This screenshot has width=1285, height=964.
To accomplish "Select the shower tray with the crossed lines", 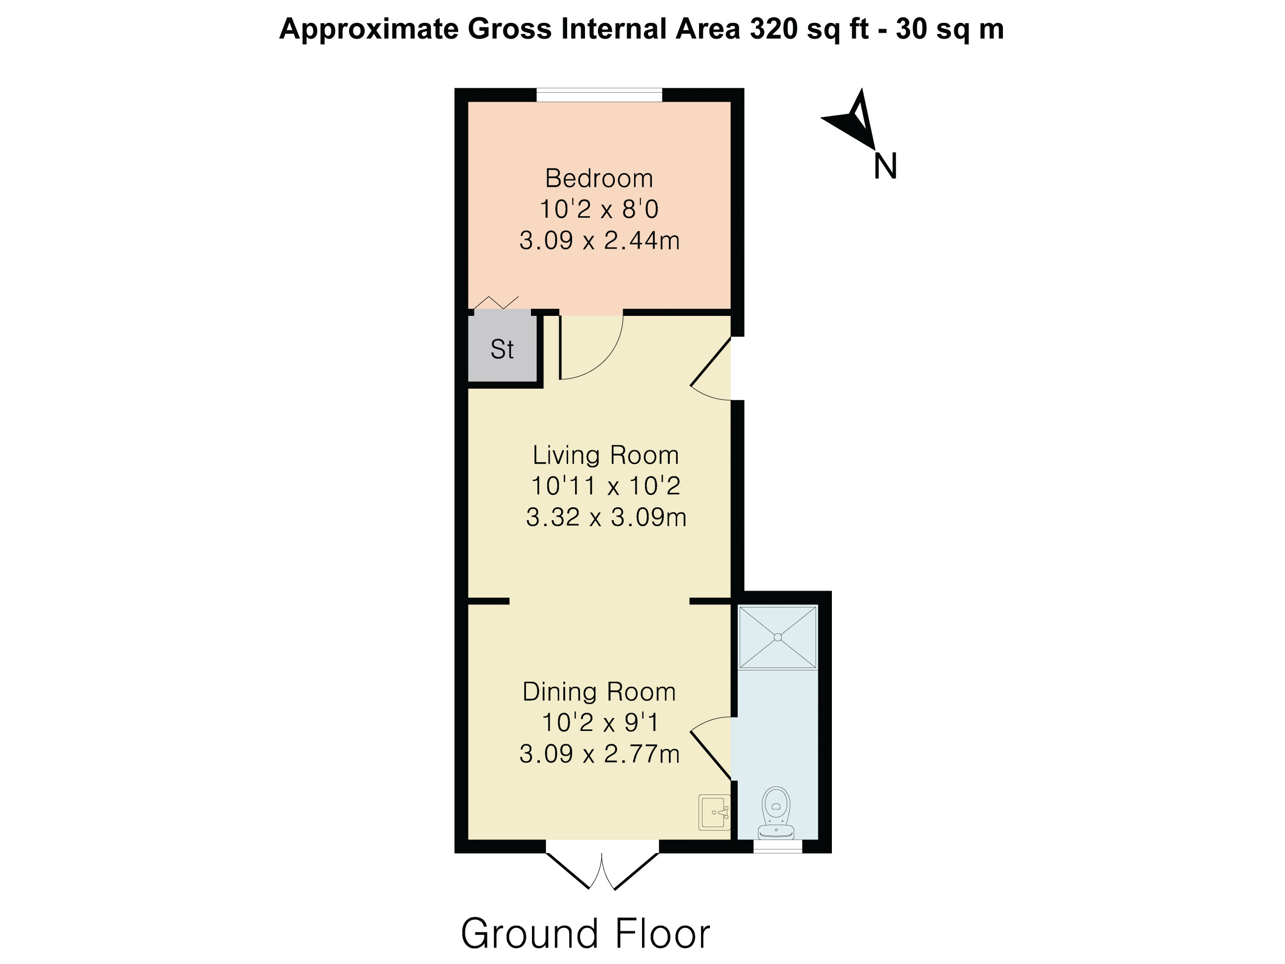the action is tap(778, 637).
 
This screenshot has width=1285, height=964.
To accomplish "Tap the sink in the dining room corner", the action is tap(714, 812).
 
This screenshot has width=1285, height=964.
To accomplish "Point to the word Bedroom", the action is tap(599, 179).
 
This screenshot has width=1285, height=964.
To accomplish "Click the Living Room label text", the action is tap(606, 455).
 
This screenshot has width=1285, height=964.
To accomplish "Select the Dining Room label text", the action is tap(599, 691).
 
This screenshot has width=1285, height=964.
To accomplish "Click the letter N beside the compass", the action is tap(885, 166).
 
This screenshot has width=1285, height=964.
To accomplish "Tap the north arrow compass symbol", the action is tap(851, 119).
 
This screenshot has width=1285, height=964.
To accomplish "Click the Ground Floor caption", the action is tap(585, 934).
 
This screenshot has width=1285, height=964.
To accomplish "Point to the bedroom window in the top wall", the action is tap(599, 95).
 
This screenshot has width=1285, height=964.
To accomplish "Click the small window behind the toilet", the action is tap(777, 846).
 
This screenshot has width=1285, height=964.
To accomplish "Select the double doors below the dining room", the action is tap(602, 871).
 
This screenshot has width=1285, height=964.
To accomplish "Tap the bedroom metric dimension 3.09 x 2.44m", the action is tap(599, 241).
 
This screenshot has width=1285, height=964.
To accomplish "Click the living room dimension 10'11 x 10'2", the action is tap(606, 486).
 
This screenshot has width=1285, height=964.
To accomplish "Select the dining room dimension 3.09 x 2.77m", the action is tap(599, 754).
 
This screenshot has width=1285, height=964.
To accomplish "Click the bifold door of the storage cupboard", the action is tap(496, 303).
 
